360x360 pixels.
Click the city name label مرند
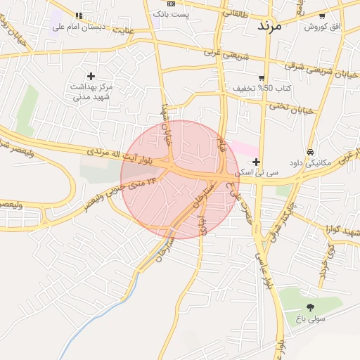click(x=269, y=26)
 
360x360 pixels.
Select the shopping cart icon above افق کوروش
click(x=322, y=15)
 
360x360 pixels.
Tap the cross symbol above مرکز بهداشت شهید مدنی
click(x=91, y=75)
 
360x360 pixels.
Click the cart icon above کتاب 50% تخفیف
click(x=262, y=77)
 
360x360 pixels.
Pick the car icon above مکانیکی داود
click(x=310, y=152)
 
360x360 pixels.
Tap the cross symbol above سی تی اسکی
click(x=256, y=162)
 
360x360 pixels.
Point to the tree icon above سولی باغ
click(x=310, y=307)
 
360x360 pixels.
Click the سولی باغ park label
click(x=310, y=319)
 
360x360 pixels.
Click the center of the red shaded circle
click(x=180, y=179)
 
